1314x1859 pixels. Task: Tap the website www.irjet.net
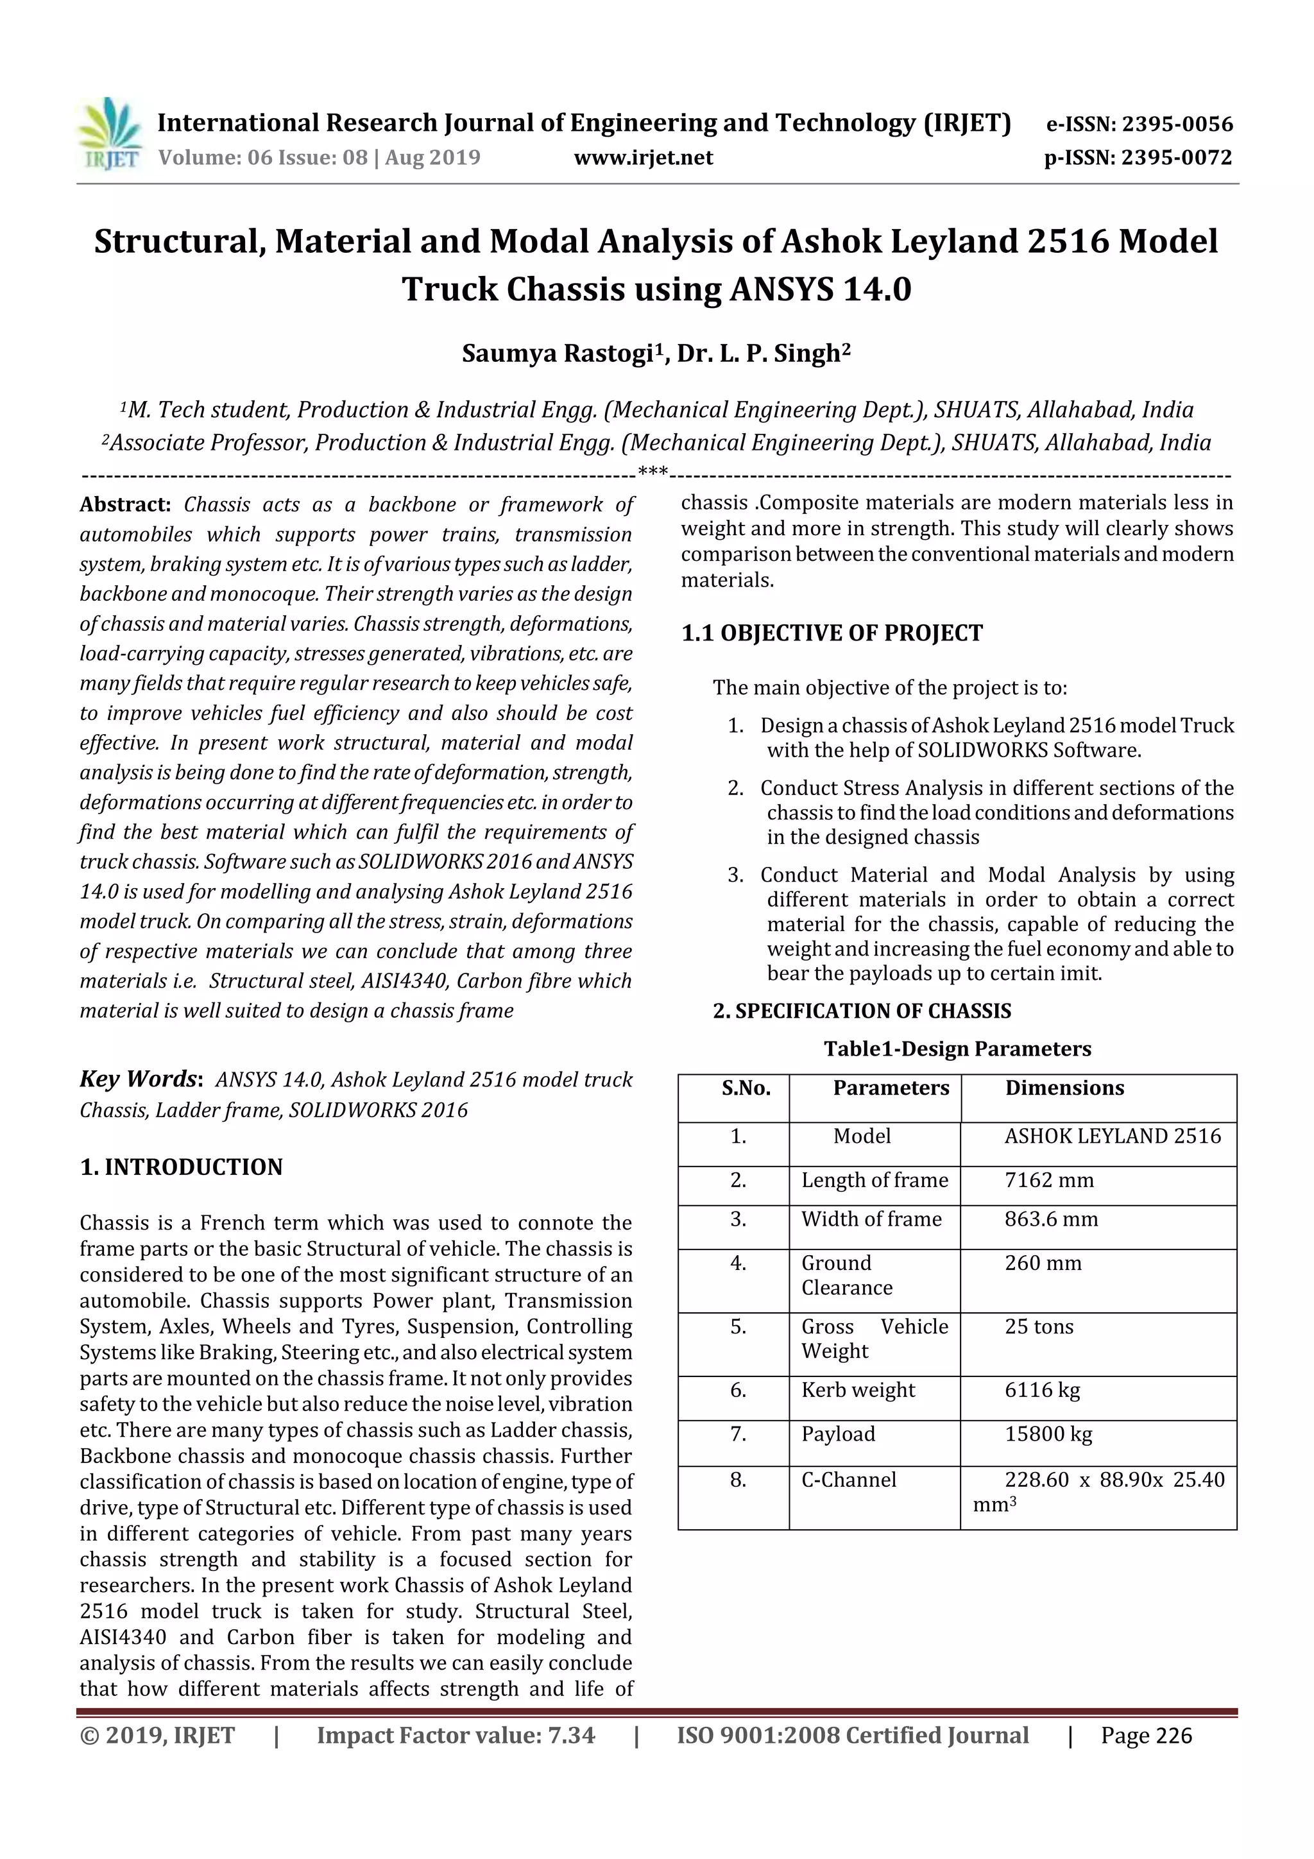[643, 157]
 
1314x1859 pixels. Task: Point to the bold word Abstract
[124, 504]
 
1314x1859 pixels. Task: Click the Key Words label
[139, 1079]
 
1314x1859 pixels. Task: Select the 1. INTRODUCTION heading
[182, 1167]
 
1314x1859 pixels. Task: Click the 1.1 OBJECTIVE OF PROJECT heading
[832, 633]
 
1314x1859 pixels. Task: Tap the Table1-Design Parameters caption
[957, 1049]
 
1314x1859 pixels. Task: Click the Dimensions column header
[1064, 1088]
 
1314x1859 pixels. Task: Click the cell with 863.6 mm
[1051, 1219]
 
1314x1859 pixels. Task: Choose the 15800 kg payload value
[1048, 1434]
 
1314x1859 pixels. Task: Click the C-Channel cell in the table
[848, 1479]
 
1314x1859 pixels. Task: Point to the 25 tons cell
[1039, 1326]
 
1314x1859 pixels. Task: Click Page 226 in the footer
[1146, 1735]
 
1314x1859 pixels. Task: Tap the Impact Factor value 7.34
[455, 1735]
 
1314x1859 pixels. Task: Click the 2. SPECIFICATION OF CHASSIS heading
[862, 1011]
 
